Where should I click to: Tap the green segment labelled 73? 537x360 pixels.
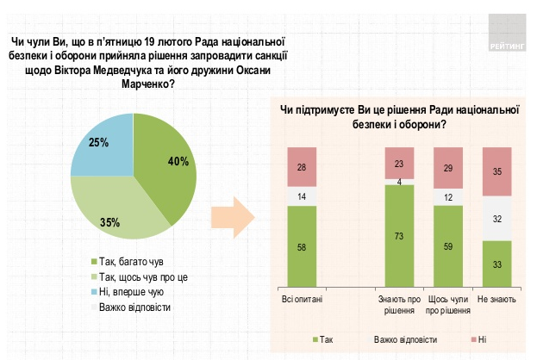point(398,235)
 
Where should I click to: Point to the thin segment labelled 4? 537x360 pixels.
point(398,182)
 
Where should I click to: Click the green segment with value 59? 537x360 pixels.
point(447,246)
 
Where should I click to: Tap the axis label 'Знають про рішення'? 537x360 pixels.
point(398,305)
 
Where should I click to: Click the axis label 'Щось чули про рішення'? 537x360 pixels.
point(447,305)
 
